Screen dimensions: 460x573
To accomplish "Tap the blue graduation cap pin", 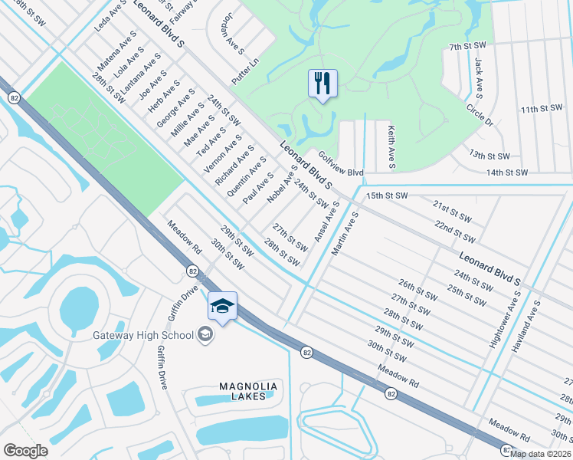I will coord(222,307).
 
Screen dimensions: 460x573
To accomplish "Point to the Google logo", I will coord(25,451).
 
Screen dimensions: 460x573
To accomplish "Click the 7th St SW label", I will coord(469,47).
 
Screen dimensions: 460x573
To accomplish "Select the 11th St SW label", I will coord(540,110).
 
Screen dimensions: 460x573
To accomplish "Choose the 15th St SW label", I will coord(385,196).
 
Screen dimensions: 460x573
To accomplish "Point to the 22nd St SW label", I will coord(455,231).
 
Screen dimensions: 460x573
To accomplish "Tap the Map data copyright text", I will coord(541,453).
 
